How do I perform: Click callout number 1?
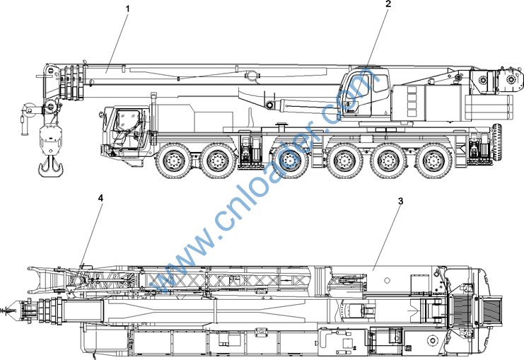[x=127, y=8]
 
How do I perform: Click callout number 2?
[x=388, y=4]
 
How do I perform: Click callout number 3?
[x=400, y=201]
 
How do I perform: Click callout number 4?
[x=100, y=198]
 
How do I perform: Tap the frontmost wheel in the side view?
[x=173, y=161]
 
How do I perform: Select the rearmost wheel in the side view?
[x=433, y=161]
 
